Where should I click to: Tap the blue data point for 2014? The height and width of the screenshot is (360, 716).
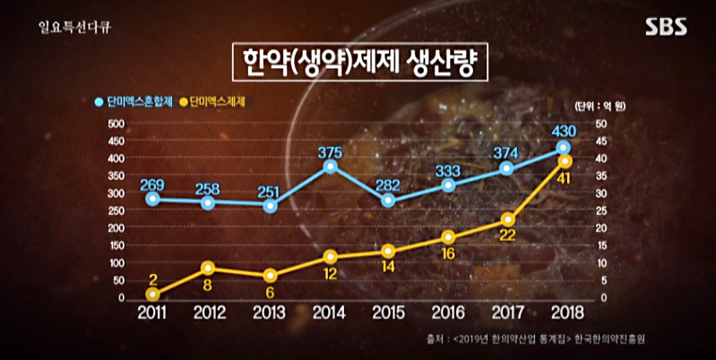(331, 167)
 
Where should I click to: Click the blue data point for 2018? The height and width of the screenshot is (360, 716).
(563, 148)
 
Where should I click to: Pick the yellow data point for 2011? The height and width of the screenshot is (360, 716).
(153, 294)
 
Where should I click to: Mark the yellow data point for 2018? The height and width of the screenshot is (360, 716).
(565, 161)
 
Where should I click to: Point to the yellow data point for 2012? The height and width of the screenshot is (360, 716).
(208, 268)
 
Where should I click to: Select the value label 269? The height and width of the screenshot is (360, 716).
(152, 184)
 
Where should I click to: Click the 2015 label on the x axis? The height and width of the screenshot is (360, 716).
(387, 313)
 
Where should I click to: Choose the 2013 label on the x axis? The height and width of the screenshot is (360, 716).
(270, 313)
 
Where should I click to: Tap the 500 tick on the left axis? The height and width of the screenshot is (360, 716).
(115, 124)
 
